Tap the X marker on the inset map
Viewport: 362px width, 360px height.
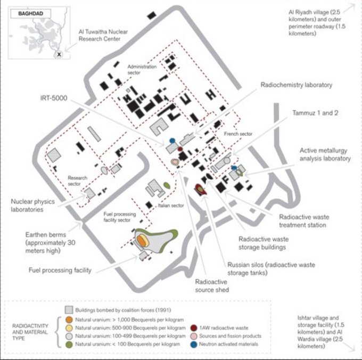60,54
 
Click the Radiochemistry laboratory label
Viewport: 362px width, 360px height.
296,85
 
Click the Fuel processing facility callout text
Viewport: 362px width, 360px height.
59,270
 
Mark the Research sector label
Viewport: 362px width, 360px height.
73,181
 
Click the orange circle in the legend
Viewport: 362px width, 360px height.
68,320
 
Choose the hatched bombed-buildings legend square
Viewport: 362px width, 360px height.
68,310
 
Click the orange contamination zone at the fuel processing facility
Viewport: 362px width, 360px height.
142,241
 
